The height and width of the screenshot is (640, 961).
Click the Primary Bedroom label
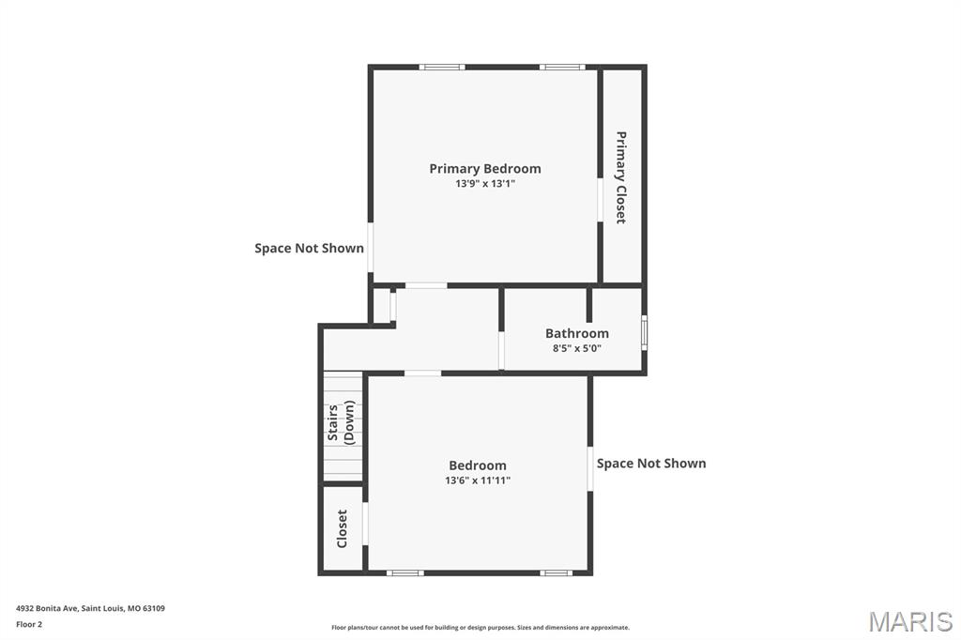tap(485, 169)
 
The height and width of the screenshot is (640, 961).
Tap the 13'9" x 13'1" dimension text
tap(485, 184)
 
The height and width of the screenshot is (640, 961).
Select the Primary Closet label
tap(621, 176)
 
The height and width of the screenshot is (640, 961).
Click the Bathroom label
tap(577, 333)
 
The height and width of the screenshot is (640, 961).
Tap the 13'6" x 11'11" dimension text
tap(478, 480)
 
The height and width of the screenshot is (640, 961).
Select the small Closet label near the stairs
tap(343, 528)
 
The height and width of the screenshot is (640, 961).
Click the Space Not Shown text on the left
tap(309, 249)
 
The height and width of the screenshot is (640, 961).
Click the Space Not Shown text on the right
tap(651, 464)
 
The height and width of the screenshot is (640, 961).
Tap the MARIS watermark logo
tap(909, 621)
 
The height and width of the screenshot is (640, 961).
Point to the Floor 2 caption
tap(29, 624)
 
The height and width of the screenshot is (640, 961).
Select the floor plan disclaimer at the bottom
tap(480, 628)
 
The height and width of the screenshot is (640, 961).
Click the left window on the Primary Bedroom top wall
tap(442, 67)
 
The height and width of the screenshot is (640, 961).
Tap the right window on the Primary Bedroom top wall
tap(562, 67)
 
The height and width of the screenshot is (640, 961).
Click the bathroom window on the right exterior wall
tap(644, 334)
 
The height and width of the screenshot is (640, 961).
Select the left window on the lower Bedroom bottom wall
tap(405, 572)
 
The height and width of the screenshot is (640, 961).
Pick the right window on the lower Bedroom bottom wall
tap(557, 572)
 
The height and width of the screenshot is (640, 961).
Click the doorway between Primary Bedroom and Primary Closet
tap(600, 200)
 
